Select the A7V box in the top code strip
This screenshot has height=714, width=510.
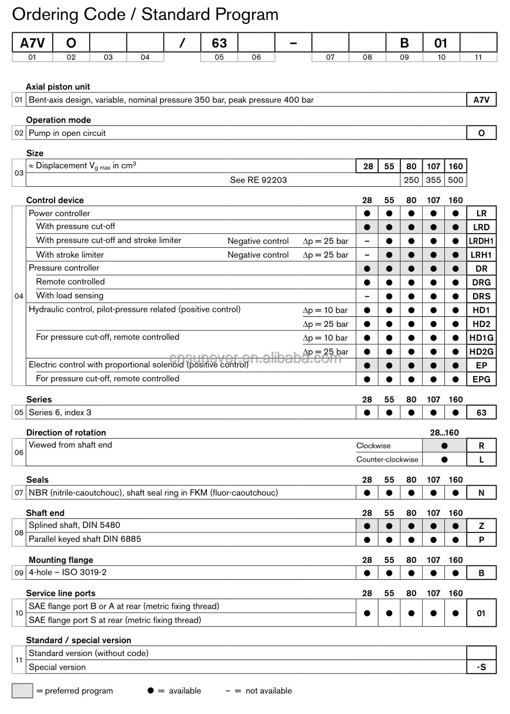click(32, 43)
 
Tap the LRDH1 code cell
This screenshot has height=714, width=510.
click(481, 241)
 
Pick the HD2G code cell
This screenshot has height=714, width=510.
click(481, 351)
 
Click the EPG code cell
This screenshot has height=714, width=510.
click(481, 380)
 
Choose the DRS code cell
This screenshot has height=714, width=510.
click(481, 296)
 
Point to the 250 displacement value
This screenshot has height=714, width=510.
click(412, 180)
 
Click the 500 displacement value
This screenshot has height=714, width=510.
click(455, 180)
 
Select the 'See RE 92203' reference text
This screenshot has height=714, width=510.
click(259, 180)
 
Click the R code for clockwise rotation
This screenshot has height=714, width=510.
click(481, 446)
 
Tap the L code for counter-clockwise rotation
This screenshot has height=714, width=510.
click(481, 460)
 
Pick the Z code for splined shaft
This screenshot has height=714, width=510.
click(481, 526)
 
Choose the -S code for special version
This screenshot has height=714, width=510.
click(481, 667)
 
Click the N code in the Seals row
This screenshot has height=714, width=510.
click(481, 493)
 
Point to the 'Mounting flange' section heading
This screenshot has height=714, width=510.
click(61, 560)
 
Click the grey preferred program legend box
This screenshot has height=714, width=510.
click(22, 691)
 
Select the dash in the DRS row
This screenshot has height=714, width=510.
click(367, 296)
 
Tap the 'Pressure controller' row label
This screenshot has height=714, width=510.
click(64, 268)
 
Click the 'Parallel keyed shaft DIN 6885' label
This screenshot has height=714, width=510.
click(85, 539)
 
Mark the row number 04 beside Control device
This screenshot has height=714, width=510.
click(19, 296)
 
